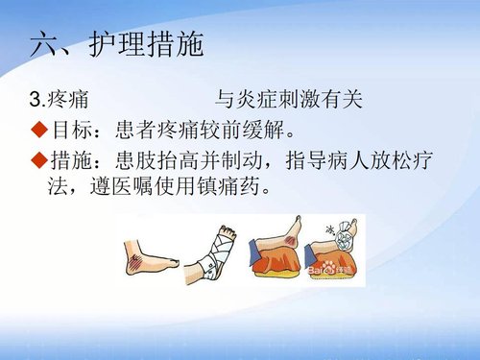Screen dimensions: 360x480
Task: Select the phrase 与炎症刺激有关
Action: (287, 99)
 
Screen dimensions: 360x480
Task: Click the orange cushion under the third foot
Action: (278, 263)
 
